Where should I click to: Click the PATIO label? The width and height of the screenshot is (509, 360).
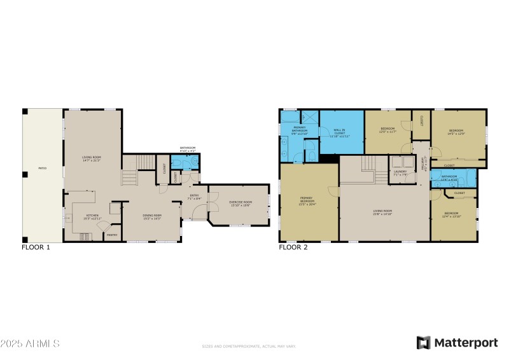tap(42, 168)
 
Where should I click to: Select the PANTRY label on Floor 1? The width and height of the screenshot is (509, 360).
tap(111, 235)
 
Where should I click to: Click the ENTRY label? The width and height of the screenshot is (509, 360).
tap(195, 197)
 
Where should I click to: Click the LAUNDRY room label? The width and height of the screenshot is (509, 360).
tap(400, 172)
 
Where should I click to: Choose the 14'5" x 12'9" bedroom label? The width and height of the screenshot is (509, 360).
tap(457, 132)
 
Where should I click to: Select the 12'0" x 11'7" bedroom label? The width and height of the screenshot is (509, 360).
tap(387, 130)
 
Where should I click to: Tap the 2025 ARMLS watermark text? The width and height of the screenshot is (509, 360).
tap(30, 343)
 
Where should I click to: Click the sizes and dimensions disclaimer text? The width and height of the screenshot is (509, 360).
tap(249, 347)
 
